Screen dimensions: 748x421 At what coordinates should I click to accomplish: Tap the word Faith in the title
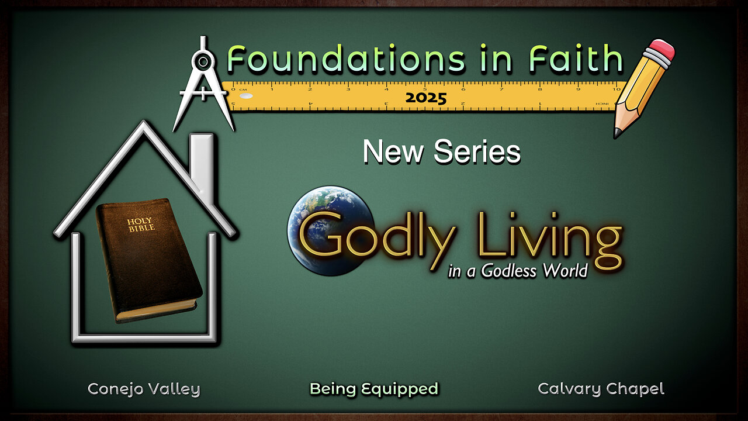click(576, 58)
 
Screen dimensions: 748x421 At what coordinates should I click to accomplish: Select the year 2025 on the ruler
click(426, 98)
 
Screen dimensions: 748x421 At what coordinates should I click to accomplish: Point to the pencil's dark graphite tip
click(617, 133)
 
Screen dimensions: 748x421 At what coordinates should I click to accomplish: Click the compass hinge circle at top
click(203, 61)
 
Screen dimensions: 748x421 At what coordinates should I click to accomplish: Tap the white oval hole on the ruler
click(247, 96)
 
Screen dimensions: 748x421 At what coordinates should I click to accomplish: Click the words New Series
click(442, 151)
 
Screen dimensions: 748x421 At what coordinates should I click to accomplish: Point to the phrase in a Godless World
click(518, 271)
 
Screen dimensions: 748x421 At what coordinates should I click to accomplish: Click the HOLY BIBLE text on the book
click(141, 225)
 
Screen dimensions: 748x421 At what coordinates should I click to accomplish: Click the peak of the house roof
click(144, 123)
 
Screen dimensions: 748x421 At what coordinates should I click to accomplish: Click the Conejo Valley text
click(144, 389)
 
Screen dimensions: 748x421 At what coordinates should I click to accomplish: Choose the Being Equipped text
click(374, 389)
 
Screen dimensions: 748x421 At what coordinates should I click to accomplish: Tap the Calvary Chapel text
click(601, 389)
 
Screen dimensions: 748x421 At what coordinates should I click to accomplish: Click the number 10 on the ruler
click(617, 89)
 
